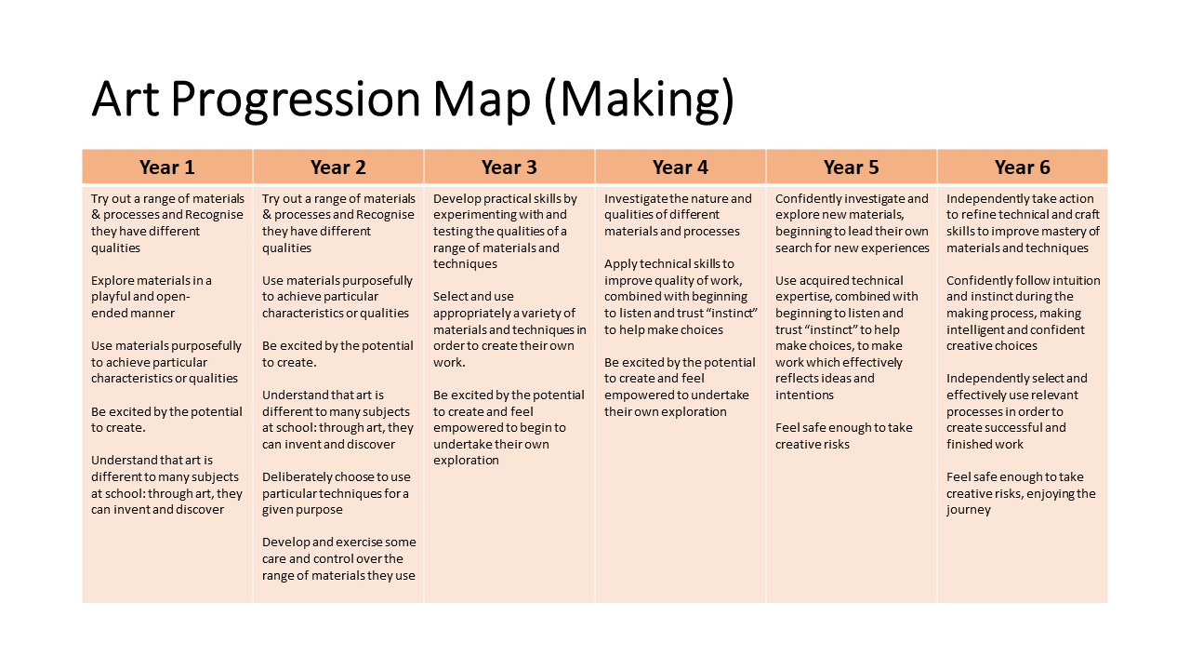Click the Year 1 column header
click(x=166, y=167)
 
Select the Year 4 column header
click(x=680, y=167)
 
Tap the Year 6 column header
click(x=1022, y=167)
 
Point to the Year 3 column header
click(x=509, y=167)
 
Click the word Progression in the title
click(x=296, y=100)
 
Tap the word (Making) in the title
click(x=639, y=100)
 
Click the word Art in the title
click(x=126, y=99)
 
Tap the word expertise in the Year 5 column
click(x=801, y=297)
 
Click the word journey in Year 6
click(x=968, y=510)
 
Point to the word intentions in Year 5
click(x=804, y=395)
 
